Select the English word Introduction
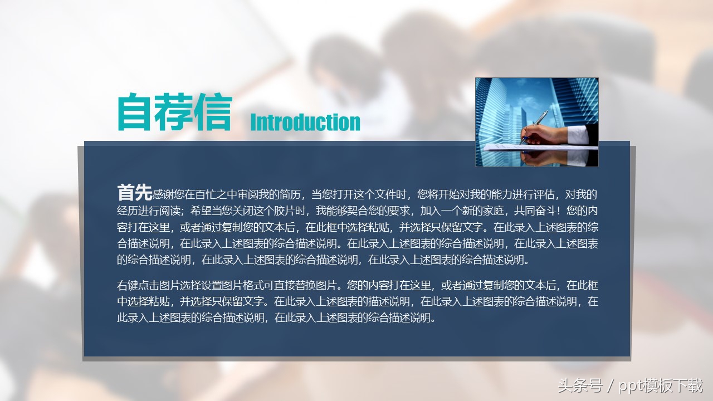[305, 122]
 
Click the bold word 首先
[134, 193]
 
